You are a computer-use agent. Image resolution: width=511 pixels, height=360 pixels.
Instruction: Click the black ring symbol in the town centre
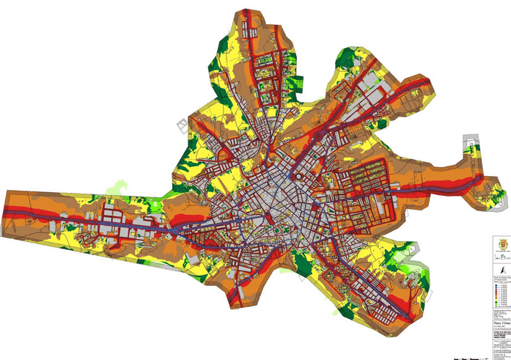pyautogui.click(x=298, y=176)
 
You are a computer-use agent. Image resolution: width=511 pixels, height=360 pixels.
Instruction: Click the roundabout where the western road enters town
pyautogui.click(x=174, y=228)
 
